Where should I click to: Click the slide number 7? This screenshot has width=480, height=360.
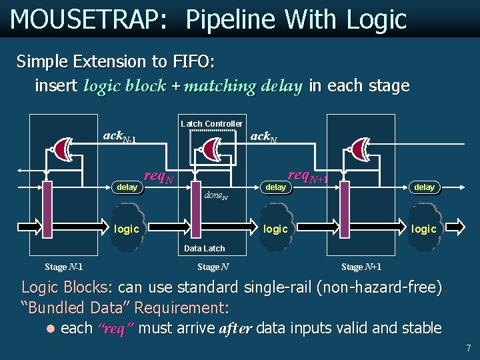469,348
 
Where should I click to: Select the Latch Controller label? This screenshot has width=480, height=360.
211,124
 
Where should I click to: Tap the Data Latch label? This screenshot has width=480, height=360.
204,249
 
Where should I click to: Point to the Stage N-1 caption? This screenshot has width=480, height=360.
64,267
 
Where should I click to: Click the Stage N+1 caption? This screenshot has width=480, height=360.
361,267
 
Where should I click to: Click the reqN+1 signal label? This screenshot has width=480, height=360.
307,176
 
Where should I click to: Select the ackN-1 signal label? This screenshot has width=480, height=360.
119,137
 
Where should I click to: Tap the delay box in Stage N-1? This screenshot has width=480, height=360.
127,187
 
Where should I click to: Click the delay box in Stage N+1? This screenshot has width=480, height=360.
424,187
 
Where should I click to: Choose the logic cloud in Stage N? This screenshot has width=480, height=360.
275,228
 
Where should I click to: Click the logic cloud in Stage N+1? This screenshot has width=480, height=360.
424,228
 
